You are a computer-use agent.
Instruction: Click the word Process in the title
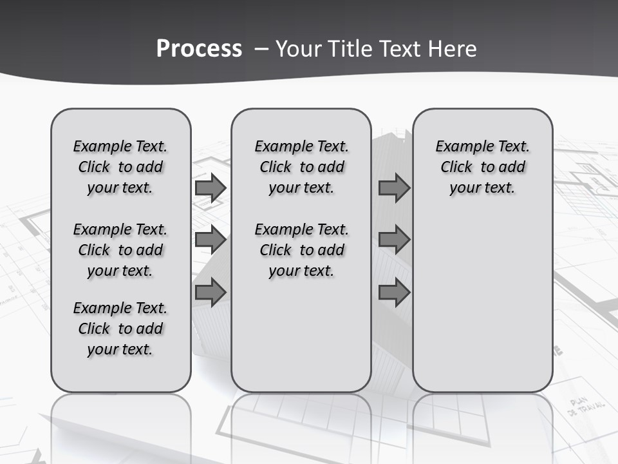tap(199, 49)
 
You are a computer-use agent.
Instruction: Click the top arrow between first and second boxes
tap(211, 188)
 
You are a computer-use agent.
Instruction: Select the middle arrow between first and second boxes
tap(211, 240)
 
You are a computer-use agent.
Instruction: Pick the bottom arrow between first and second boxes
tap(211, 293)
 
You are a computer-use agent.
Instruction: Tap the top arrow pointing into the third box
tap(394, 188)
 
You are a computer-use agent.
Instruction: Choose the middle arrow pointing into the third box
tap(394, 240)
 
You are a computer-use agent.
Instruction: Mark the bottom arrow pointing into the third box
tap(394, 293)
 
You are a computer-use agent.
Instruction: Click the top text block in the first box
tap(120, 167)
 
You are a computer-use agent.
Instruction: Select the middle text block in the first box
tap(120, 250)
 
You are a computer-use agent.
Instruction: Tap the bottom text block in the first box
tap(120, 329)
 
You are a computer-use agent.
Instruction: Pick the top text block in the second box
tap(301, 167)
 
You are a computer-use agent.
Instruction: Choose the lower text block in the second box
tap(301, 250)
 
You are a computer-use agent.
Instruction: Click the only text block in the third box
tap(482, 167)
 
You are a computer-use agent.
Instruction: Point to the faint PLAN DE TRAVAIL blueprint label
tap(586, 405)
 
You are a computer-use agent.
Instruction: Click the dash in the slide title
tap(261, 49)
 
